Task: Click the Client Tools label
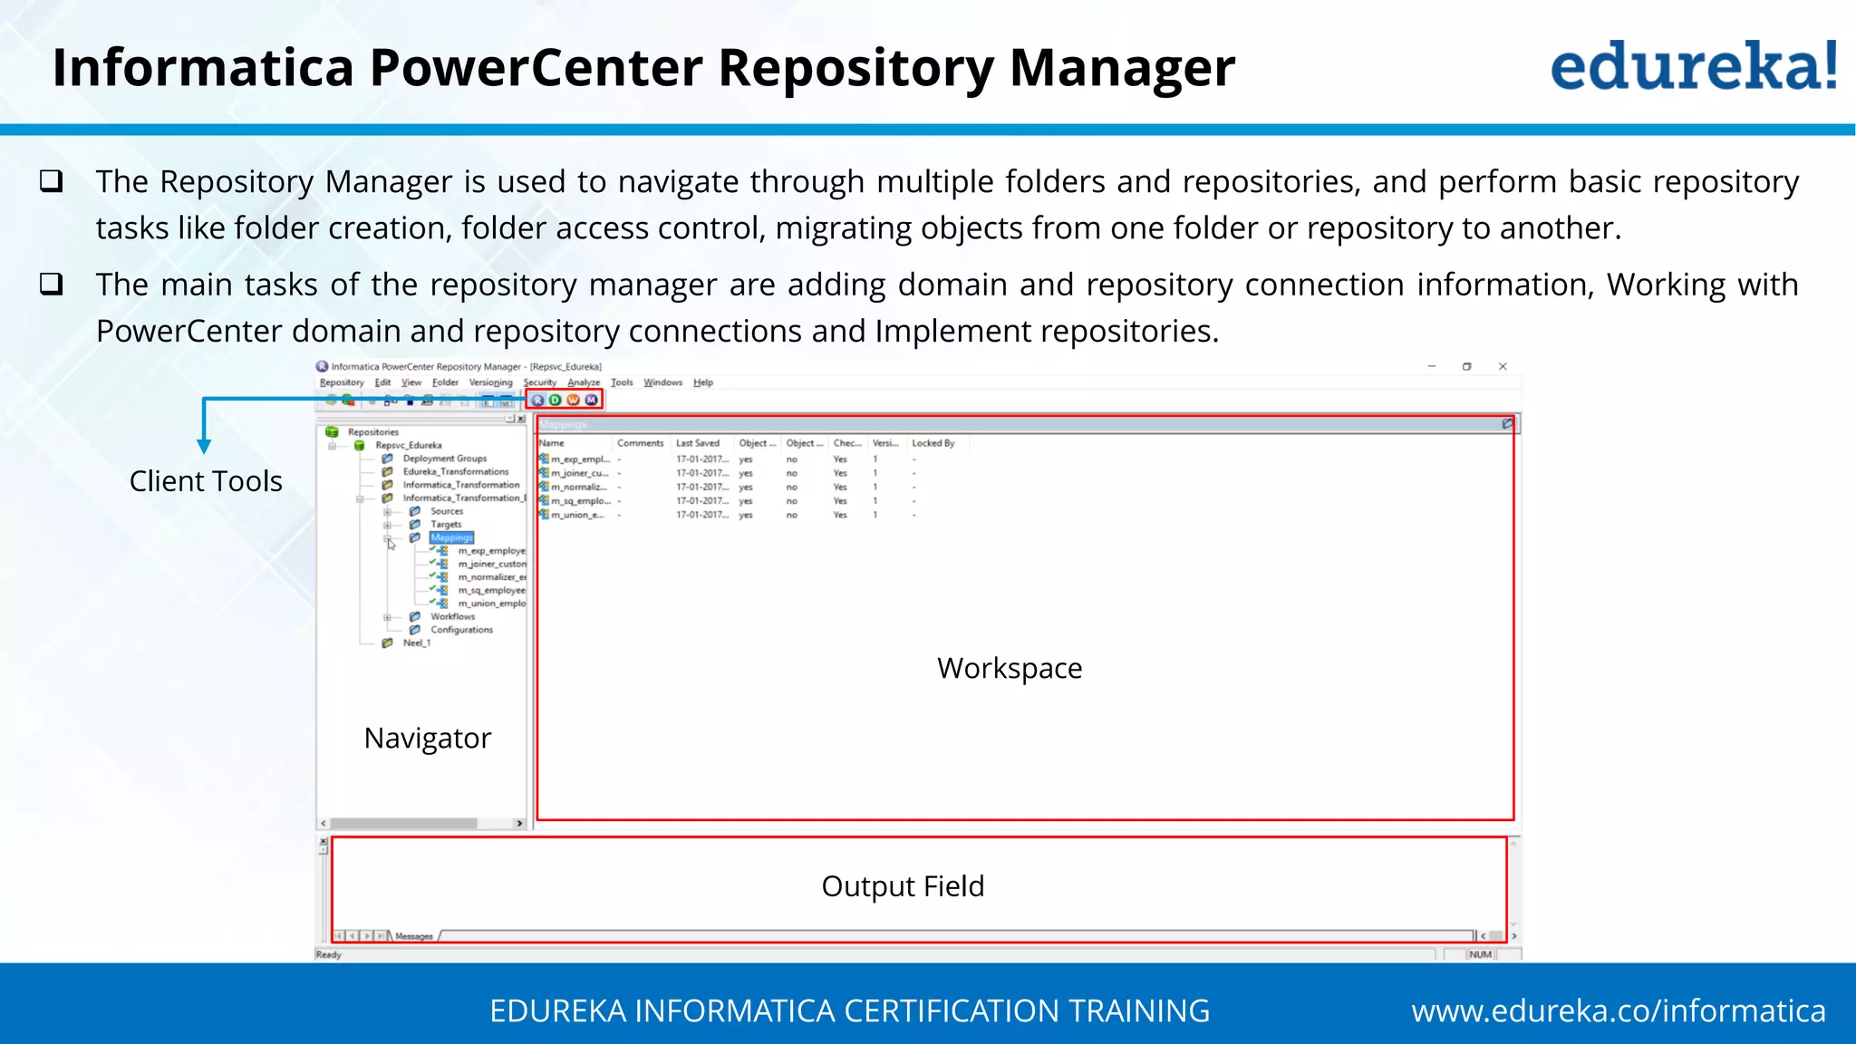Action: (206, 481)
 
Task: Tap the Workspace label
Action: (1009, 668)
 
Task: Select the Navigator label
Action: (427, 738)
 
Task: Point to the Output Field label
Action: (902, 885)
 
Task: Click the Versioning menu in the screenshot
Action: (490, 382)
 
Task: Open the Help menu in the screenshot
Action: (702, 382)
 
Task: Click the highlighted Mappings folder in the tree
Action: (451, 537)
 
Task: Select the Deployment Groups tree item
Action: (444, 459)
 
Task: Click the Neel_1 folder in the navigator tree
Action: (416, 643)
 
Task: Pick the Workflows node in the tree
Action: (452, 616)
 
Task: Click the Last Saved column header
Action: (697, 443)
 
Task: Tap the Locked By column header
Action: (933, 443)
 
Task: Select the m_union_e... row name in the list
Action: (577, 515)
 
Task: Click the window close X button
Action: (1503, 366)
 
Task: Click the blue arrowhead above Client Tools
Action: (204, 446)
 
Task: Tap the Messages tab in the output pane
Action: (414, 936)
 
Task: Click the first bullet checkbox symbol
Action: (52, 181)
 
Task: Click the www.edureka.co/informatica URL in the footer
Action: (1618, 1010)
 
